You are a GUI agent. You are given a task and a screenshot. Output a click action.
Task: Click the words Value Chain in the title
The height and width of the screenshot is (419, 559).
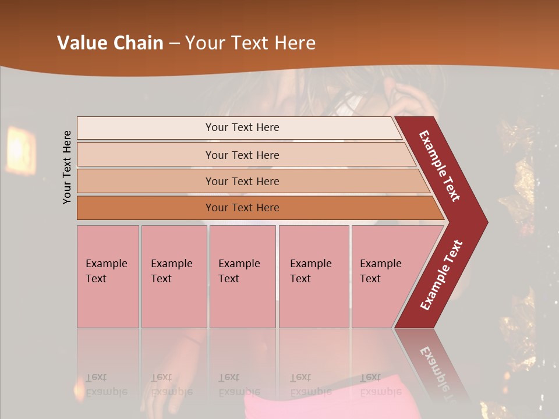[110, 43]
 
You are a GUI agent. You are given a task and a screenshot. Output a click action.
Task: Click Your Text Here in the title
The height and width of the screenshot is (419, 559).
[250, 43]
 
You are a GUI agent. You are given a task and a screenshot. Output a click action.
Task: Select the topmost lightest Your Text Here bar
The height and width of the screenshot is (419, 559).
[242, 127]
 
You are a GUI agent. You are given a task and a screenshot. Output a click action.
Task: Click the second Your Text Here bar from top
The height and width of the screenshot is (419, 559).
[242, 155]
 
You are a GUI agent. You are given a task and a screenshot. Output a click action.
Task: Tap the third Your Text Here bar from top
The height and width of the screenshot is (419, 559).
[242, 181]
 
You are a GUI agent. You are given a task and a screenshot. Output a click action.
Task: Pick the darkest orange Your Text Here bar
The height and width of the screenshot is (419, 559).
[242, 208]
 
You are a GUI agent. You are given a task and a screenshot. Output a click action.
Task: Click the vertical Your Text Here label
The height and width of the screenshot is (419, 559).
[68, 167]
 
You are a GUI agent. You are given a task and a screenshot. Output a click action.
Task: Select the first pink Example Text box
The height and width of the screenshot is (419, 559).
[108, 276]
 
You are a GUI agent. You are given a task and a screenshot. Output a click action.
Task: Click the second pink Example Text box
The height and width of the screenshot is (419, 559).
[174, 276]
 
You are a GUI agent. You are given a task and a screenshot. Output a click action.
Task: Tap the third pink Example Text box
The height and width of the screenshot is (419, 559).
[242, 276]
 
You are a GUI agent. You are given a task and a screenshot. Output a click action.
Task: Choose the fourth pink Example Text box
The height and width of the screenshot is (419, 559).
[313, 276]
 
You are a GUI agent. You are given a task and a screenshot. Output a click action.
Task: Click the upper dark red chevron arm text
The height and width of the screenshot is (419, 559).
[440, 166]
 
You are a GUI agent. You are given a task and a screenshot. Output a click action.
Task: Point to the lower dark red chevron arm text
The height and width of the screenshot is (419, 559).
[441, 275]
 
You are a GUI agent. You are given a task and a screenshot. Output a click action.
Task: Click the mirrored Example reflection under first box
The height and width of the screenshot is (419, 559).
[106, 392]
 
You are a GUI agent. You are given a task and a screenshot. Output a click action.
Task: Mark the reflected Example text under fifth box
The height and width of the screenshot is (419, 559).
[381, 392]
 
